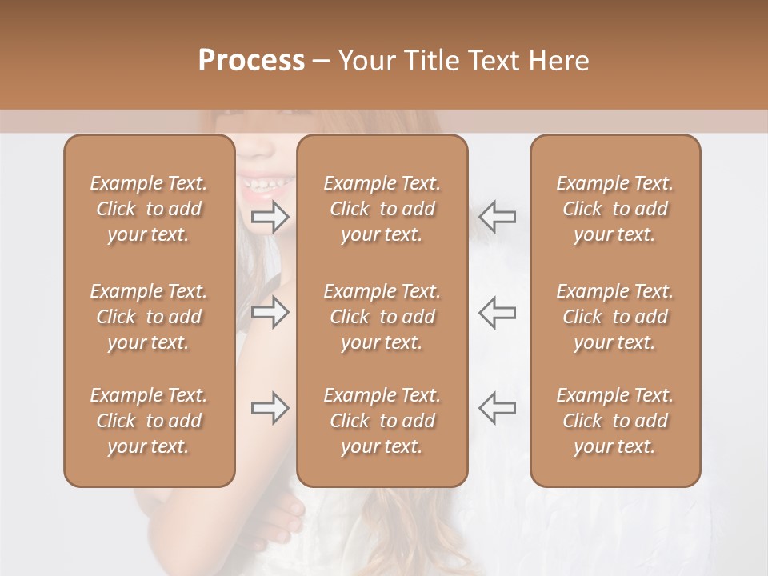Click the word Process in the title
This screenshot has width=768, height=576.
pos(251,61)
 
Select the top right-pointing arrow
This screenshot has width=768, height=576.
pos(270,216)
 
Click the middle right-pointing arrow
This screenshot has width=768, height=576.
pos(270,312)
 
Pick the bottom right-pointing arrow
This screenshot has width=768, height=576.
pos(270,408)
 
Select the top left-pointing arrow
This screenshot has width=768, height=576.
pos(497,216)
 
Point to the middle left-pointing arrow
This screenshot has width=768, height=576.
pos(497,312)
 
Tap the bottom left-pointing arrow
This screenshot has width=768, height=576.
pos(497,408)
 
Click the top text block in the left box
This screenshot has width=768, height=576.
pos(149,209)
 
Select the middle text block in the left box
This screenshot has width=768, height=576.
pos(149,317)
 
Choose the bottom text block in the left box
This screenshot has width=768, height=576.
pos(149,421)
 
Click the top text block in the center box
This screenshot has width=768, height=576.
pos(382,209)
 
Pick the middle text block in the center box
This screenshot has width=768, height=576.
pos(382,317)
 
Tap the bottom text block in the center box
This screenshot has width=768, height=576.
pos(382,421)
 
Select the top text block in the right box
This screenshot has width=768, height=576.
pos(614,209)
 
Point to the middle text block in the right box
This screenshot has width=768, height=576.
pos(614,317)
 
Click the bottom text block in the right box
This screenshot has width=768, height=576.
pos(614,421)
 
